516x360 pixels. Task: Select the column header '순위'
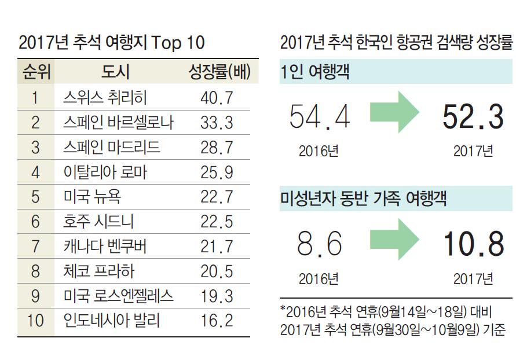36,72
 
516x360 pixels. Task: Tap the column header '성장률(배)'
219,72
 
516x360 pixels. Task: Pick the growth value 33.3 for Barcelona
217,122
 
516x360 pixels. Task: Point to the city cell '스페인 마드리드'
111,147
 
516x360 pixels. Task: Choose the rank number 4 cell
36,172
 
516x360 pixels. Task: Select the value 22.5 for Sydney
217,222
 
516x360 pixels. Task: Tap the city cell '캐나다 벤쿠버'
104,247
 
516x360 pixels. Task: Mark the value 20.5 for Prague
217,271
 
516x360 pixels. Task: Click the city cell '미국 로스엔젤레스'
118,296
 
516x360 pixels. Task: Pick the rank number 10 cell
36,320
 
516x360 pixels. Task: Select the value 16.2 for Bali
217,320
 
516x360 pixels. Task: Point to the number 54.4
319,117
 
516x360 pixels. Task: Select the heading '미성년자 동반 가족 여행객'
363,199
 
